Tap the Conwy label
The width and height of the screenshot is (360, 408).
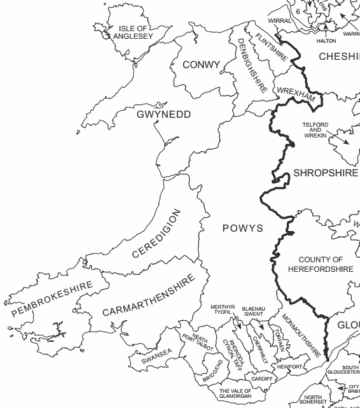coord(201,65)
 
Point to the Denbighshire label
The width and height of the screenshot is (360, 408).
coord(251,66)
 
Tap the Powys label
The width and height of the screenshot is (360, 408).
coord(242,228)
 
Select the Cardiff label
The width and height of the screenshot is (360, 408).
coord(261,379)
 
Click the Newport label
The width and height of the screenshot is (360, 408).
coord(289,367)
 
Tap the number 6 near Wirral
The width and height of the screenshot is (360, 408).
coord(297,11)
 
